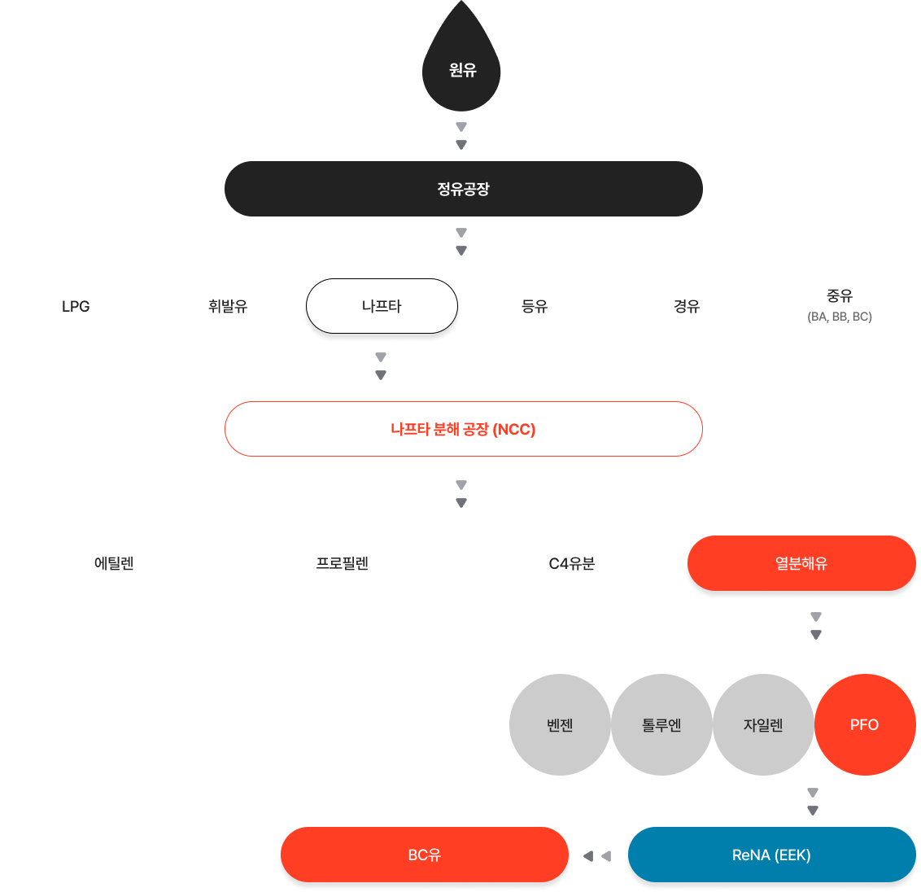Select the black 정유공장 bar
point(464,189)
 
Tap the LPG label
point(76,307)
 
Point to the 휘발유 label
point(228,306)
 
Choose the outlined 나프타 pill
point(382,306)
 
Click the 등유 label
point(535,306)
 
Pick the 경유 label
point(687,306)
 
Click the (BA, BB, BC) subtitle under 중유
point(840,317)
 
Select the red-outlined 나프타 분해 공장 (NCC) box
point(464,429)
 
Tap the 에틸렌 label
point(114,563)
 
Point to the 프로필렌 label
point(343,563)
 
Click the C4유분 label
point(571,563)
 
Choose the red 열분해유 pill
point(801,563)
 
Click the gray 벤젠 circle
point(560,724)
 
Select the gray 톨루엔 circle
point(661,724)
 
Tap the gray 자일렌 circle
point(763,724)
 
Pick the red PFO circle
point(865,724)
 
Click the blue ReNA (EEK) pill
point(772,855)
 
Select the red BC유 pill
point(425,855)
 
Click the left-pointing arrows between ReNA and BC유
point(597,856)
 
